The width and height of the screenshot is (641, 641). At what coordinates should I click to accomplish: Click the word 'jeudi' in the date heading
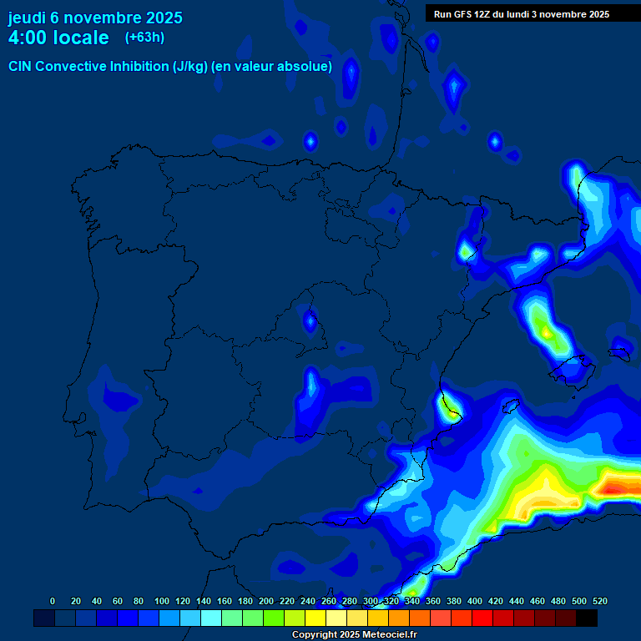click(28, 18)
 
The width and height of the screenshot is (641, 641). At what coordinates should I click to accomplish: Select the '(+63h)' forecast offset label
click(144, 37)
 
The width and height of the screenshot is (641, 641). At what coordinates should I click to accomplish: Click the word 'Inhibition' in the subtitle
click(139, 66)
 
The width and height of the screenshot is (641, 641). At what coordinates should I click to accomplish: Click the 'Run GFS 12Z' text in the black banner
click(465, 14)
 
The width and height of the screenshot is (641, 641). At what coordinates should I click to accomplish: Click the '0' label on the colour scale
click(53, 601)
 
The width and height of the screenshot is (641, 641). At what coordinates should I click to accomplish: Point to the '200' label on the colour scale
click(266, 601)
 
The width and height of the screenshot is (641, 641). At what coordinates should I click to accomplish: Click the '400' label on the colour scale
click(475, 601)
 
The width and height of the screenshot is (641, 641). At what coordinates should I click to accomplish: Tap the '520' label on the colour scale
click(600, 601)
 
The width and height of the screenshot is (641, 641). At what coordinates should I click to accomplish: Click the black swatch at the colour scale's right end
click(587, 618)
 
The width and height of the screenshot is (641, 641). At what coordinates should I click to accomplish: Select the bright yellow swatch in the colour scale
click(315, 618)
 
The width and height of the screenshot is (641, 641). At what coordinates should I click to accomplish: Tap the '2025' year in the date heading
click(164, 18)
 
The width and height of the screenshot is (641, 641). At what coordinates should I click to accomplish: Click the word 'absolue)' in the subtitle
click(306, 66)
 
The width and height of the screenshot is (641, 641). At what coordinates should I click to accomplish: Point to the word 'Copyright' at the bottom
click(314, 635)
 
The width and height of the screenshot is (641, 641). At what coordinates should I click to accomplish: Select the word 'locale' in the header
click(81, 38)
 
